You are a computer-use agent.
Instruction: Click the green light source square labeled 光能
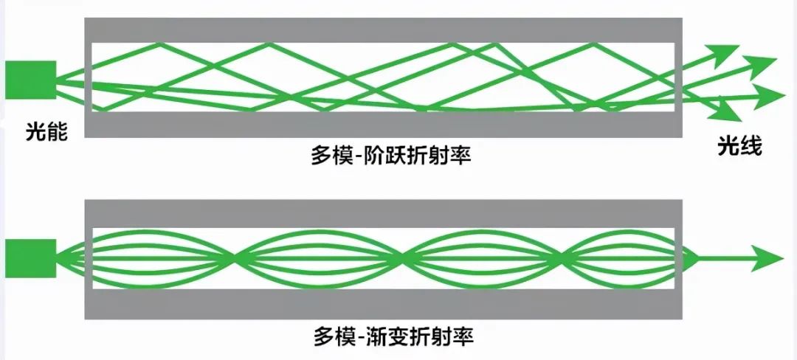(30, 80)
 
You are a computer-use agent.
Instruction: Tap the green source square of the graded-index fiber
(30, 258)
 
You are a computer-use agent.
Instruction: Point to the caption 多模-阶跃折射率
(391, 156)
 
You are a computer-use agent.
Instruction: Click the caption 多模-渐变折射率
(391, 337)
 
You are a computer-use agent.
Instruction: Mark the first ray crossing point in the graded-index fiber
(235, 258)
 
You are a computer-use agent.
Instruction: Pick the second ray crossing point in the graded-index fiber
(403, 258)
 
